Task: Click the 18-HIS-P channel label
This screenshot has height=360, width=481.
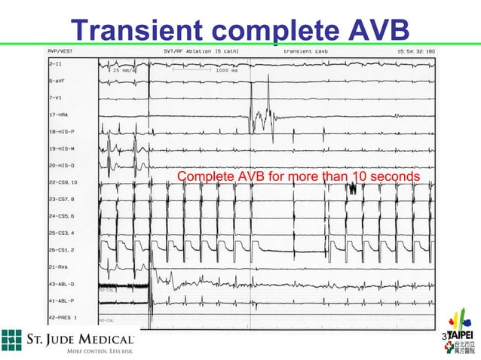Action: (62, 131)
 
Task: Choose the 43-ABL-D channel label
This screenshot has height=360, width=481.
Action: (62, 283)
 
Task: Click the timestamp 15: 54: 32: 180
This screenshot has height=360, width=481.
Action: (410, 52)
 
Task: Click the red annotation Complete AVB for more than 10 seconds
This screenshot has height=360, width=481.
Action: (299, 177)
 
